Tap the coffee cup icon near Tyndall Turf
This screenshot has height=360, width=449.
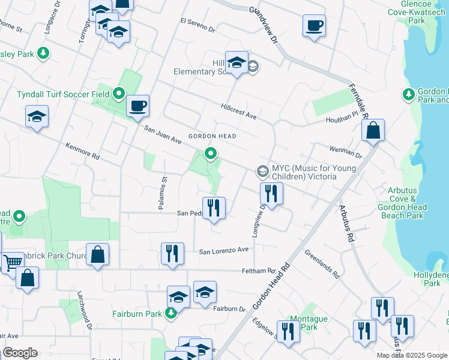click(137, 106)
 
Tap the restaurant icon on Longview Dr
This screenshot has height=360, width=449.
click(271, 193)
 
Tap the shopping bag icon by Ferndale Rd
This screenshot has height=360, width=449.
click(373, 130)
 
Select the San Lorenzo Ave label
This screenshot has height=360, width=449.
click(224, 250)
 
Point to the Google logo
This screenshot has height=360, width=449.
click(20, 353)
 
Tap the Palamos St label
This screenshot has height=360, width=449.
click(163, 192)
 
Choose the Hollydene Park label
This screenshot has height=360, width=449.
click(434, 278)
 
